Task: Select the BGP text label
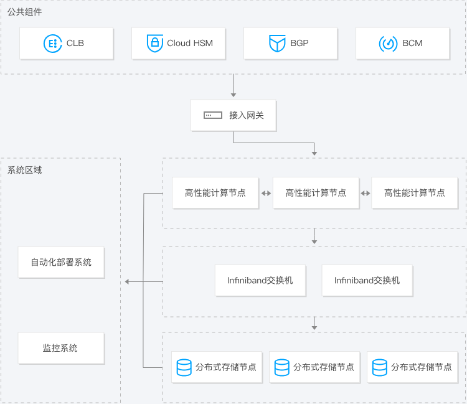(x=299, y=44)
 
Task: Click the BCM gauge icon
(x=388, y=44)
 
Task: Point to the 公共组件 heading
(x=25, y=12)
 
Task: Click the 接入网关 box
(x=233, y=115)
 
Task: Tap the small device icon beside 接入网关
(x=212, y=115)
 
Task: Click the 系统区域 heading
(x=25, y=169)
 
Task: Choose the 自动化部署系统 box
(x=61, y=262)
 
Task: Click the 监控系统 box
(x=61, y=348)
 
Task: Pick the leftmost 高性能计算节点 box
(x=215, y=193)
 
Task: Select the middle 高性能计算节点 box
(x=316, y=193)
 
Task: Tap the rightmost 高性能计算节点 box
(x=415, y=193)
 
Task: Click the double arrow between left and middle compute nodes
(x=266, y=193)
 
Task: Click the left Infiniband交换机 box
(x=260, y=281)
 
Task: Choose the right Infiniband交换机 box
(x=367, y=281)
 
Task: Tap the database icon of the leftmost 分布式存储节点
(x=184, y=367)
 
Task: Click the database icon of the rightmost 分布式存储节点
(x=380, y=367)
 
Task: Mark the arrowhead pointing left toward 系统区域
(x=128, y=282)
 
